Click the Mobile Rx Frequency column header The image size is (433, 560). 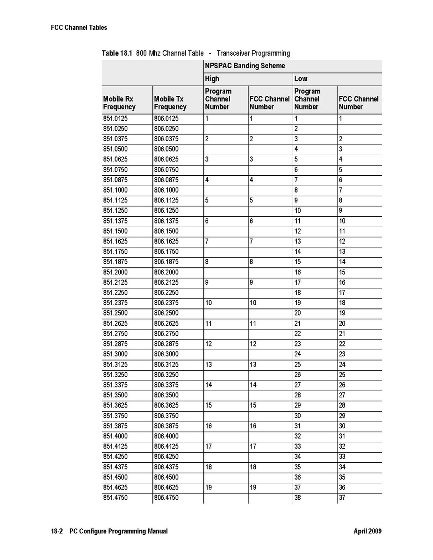119,103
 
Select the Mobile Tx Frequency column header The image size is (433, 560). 170,103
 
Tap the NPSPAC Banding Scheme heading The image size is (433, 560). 245,66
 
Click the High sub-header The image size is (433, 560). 212,79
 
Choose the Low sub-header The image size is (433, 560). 301,79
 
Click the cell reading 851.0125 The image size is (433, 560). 115,119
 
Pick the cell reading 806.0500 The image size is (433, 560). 166,149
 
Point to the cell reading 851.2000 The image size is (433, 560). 115,272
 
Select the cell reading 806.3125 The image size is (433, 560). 166,365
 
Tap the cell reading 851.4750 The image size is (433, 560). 115,498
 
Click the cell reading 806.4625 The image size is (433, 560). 166,488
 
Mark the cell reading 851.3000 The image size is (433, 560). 115,354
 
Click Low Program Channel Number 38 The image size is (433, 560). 297,498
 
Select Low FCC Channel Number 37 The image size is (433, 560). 342,498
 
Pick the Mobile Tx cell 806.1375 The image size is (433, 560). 166,221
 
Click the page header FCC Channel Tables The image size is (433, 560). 79,28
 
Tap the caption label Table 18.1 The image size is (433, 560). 117,53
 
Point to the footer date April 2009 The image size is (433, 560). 368,531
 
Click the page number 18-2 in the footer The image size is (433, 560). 57,531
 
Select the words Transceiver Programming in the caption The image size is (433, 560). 253,53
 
